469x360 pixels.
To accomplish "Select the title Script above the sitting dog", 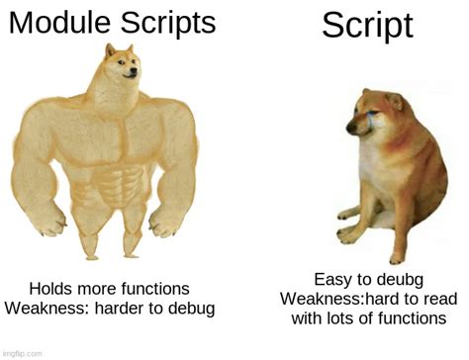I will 367,26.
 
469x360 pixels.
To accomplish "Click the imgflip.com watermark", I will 22,353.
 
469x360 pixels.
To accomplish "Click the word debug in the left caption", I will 191,309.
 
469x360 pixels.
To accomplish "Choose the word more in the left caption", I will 100,289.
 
